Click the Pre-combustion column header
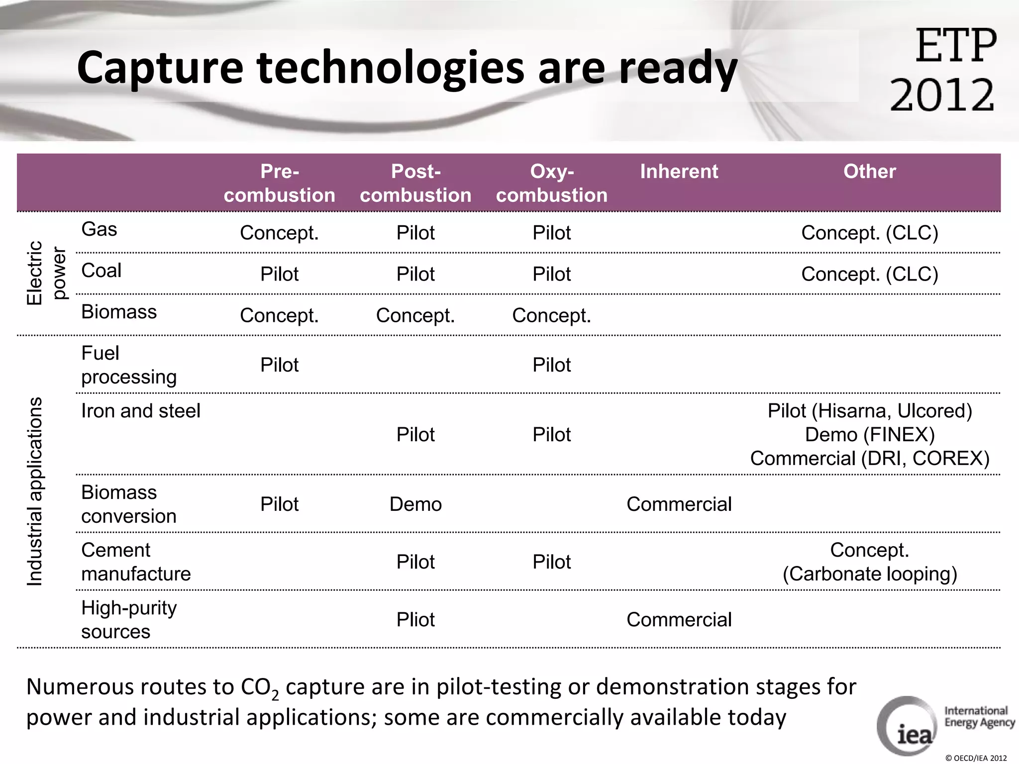tap(279, 183)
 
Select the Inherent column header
tap(679, 172)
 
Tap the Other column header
tap(869, 172)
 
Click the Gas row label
tap(99, 229)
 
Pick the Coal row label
tap(101, 271)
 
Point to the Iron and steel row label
tap(141, 411)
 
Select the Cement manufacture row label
tap(136, 562)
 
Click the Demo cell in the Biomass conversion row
tap(415, 504)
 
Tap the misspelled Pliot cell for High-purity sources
tap(415, 620)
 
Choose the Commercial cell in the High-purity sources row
tap(679, 620)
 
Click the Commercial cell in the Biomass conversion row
tap(679, 504)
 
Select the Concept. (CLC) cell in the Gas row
tap(869, 233)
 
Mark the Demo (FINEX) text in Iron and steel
tap(869, 435)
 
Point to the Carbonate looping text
tap(869, 574)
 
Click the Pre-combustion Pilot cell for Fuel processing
tap(279, 365)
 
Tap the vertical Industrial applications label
tap(35, 491)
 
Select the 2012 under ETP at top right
tap(942, 95)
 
